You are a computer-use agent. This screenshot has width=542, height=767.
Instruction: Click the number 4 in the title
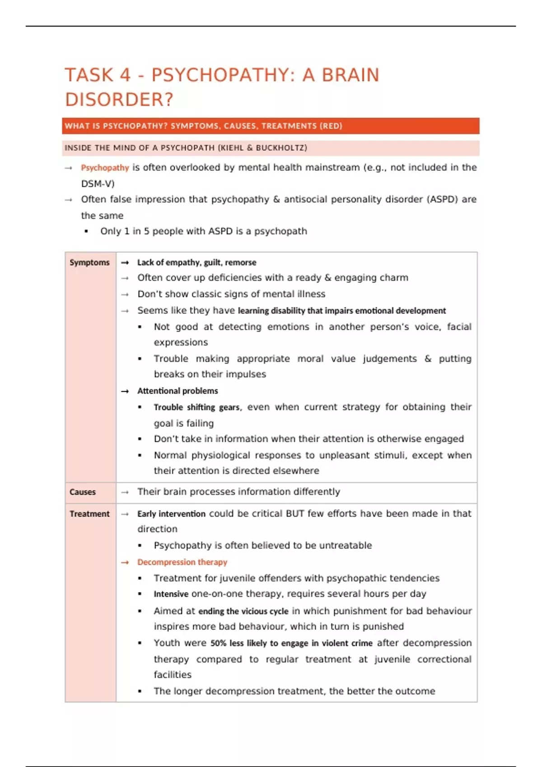pos(125,75)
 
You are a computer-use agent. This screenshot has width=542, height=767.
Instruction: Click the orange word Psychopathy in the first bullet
pos(105,168)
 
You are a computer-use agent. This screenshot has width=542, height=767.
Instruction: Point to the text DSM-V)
pos(98,184)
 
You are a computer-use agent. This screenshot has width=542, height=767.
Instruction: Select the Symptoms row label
pos(89,263)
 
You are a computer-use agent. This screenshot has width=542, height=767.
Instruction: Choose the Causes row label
pos(83,492)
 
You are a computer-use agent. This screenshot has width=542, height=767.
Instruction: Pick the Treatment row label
pos(89,514)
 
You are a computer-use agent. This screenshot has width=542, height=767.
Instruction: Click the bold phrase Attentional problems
pos(178,391)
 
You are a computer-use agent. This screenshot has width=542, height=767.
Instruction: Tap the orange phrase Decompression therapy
pos(182,562)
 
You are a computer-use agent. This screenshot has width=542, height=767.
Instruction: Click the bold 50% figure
pos(218,643)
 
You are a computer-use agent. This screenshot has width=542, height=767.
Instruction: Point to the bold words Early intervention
pos(171,514)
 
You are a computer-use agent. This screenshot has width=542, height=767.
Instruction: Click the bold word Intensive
pos(171,594)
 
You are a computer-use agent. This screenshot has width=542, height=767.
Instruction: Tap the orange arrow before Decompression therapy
pos(125,563)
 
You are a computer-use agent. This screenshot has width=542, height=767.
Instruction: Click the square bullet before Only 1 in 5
pos(86,231)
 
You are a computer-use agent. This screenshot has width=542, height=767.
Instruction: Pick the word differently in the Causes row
pos(317,492)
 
